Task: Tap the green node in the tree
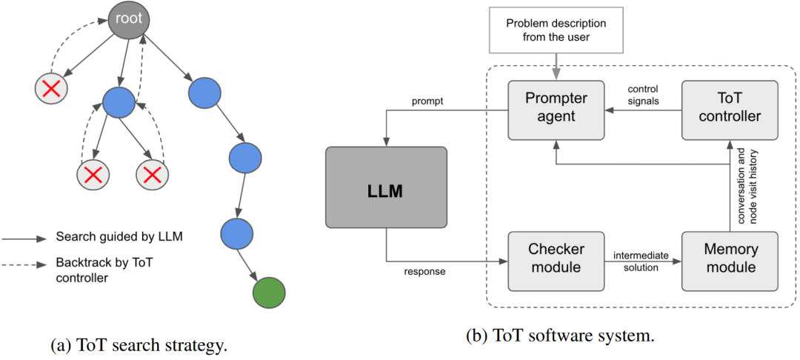(x=269, y=293)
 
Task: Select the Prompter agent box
(x=556, y=110)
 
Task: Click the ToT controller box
(x=730, y=110)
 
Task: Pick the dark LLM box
(x=386, y=187)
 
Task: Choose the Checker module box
(x=556, y=261)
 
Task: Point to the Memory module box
(x=730, y=261)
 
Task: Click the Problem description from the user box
(x=556, y=30)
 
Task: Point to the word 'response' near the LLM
(x=426, y=272)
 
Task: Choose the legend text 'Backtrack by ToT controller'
(x=107, y=270)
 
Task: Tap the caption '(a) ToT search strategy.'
(x=139, y=345)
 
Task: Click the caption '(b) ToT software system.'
(x=560, y=336)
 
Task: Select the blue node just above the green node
(x=236, y=232)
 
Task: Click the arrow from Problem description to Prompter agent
(x=556, y=66)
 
